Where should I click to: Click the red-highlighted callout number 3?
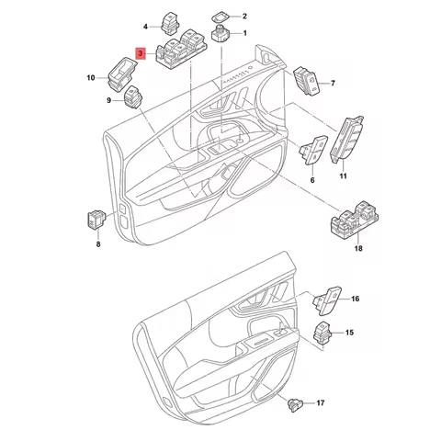tap(140, 55)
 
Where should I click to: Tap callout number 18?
tap(358, 249)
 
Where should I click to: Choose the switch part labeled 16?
tap(327, 299)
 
